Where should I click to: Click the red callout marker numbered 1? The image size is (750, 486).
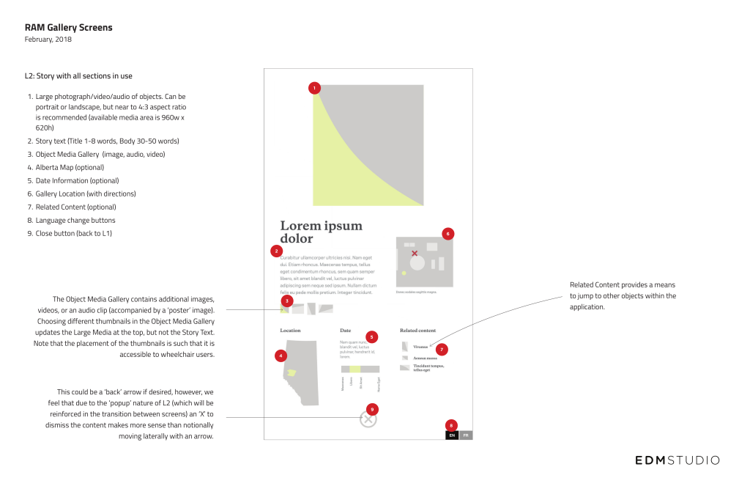(x=314, y=88)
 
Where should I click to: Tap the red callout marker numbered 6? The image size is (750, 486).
(x=448, y=234)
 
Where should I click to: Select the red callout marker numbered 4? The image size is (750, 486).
(x=281, y=356)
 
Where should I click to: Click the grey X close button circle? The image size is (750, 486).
(x=368, y=420)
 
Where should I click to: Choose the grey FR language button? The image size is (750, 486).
(x=466, y=435)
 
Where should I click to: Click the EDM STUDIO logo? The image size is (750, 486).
(x=677, y=460)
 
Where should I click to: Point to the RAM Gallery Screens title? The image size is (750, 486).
(x=69, y=28)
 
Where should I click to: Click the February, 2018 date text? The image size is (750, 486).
(x=48, y=40)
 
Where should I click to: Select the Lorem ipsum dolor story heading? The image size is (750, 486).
(x=321, y=232)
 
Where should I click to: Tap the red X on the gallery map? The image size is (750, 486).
(x=415, y=254)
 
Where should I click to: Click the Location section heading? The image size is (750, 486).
(x=290, y=331)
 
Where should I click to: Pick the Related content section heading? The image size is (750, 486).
(x=417, y=331)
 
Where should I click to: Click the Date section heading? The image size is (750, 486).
(x=346, y=331)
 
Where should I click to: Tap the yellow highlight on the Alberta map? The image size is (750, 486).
(x=292, y=373)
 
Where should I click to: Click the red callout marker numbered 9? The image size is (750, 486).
(x=371, y=408)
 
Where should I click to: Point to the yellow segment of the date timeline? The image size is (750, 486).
(x=354, y=369)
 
